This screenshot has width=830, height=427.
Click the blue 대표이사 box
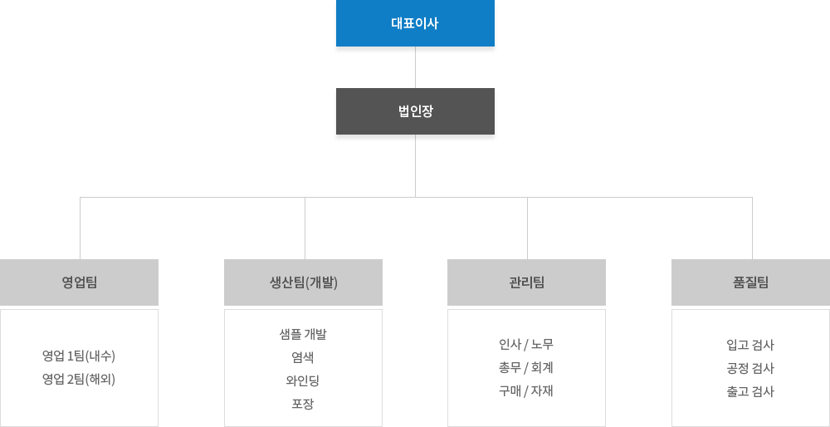(415, 23)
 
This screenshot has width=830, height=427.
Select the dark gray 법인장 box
(415, 110)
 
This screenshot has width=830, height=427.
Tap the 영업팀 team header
(80, 282)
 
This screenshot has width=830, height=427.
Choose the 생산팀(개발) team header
(303, 282)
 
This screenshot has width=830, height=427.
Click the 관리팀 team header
(526, 282)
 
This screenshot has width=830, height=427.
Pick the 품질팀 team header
(750, 282)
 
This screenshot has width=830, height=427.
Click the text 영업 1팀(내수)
(79, 356)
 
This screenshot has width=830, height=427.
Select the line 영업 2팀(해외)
(79, 380)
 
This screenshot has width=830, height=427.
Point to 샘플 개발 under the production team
(303, 334)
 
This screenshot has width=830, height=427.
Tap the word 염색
(303, 357)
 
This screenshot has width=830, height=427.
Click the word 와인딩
(303, 380)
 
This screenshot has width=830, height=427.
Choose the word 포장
(303, 404)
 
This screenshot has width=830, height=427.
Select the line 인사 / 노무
(526, 344)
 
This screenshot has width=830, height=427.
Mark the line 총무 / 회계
(526, 367)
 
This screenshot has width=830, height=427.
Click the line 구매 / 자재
(526, 390)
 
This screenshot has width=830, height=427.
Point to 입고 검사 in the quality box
(750, 345)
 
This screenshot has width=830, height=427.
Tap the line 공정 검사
(750, 368)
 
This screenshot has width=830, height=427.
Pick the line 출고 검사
(750, 391)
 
